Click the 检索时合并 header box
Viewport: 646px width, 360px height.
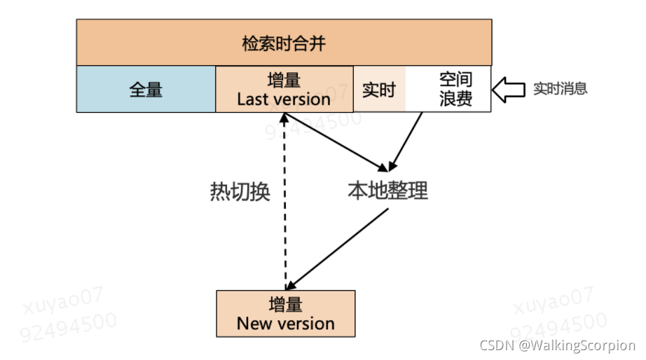tap(284, 43)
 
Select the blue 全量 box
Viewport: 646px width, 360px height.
tap(146, 89)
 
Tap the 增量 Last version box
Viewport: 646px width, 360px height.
tap(284, 89)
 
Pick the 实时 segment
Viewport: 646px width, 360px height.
tap(379, 90)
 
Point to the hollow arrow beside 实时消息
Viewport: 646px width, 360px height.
tap(509, 89)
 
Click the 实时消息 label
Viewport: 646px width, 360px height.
tap(560, 89)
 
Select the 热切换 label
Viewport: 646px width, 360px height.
tap(240, 192)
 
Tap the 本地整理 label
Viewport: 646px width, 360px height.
tap(387, 190)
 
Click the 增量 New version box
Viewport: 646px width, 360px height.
tap(285, 314)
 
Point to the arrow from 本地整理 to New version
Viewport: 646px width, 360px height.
tap(338, 249)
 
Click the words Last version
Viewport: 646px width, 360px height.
tap(284, 99)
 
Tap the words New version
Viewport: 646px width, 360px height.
tap(285, 324)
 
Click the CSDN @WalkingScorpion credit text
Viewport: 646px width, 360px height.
tap(556, 345)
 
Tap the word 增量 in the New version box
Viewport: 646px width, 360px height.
tap(285, 305)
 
